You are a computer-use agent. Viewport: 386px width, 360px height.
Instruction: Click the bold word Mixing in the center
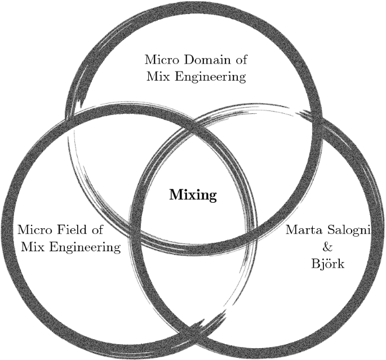(193, 195)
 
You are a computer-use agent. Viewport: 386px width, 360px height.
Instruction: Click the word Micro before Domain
(161, 59)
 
